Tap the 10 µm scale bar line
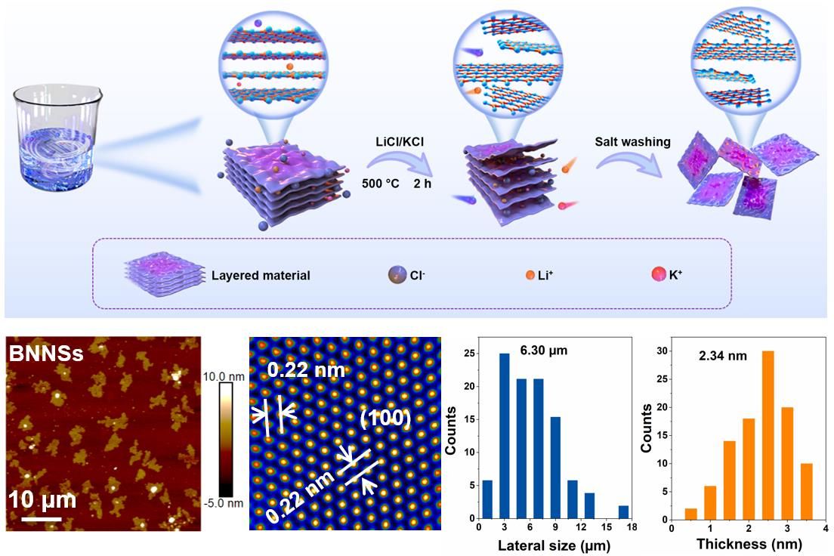point(42,519)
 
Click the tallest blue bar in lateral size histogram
point(503,437)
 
